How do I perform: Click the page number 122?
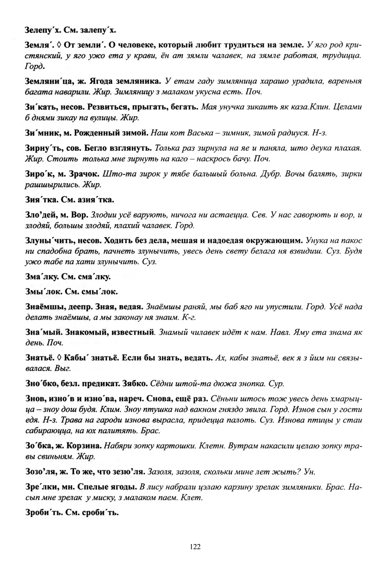(195, 547)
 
